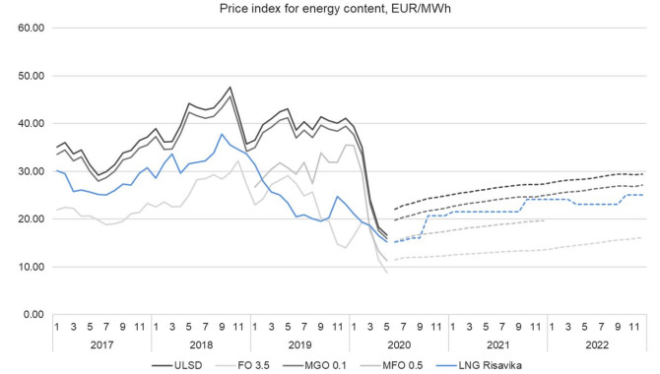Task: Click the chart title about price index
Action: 335,8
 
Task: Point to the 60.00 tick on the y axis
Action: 31,28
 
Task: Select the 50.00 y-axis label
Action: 31,76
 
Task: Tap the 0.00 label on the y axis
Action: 33,314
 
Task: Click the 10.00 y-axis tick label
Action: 31,267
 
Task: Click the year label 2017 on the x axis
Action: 101,345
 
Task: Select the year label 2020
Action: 399,345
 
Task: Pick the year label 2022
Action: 597,345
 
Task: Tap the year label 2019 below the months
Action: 299,345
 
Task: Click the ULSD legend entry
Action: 177,365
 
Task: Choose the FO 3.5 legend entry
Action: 242,365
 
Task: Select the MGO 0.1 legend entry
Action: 314,365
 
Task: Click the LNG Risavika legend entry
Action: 479,365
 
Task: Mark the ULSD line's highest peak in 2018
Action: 230,87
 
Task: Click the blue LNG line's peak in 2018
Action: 222,134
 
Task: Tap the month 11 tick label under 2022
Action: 634,327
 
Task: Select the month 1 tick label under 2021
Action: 453,327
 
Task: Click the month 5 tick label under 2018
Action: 188,327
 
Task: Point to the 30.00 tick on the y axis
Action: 31,171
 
